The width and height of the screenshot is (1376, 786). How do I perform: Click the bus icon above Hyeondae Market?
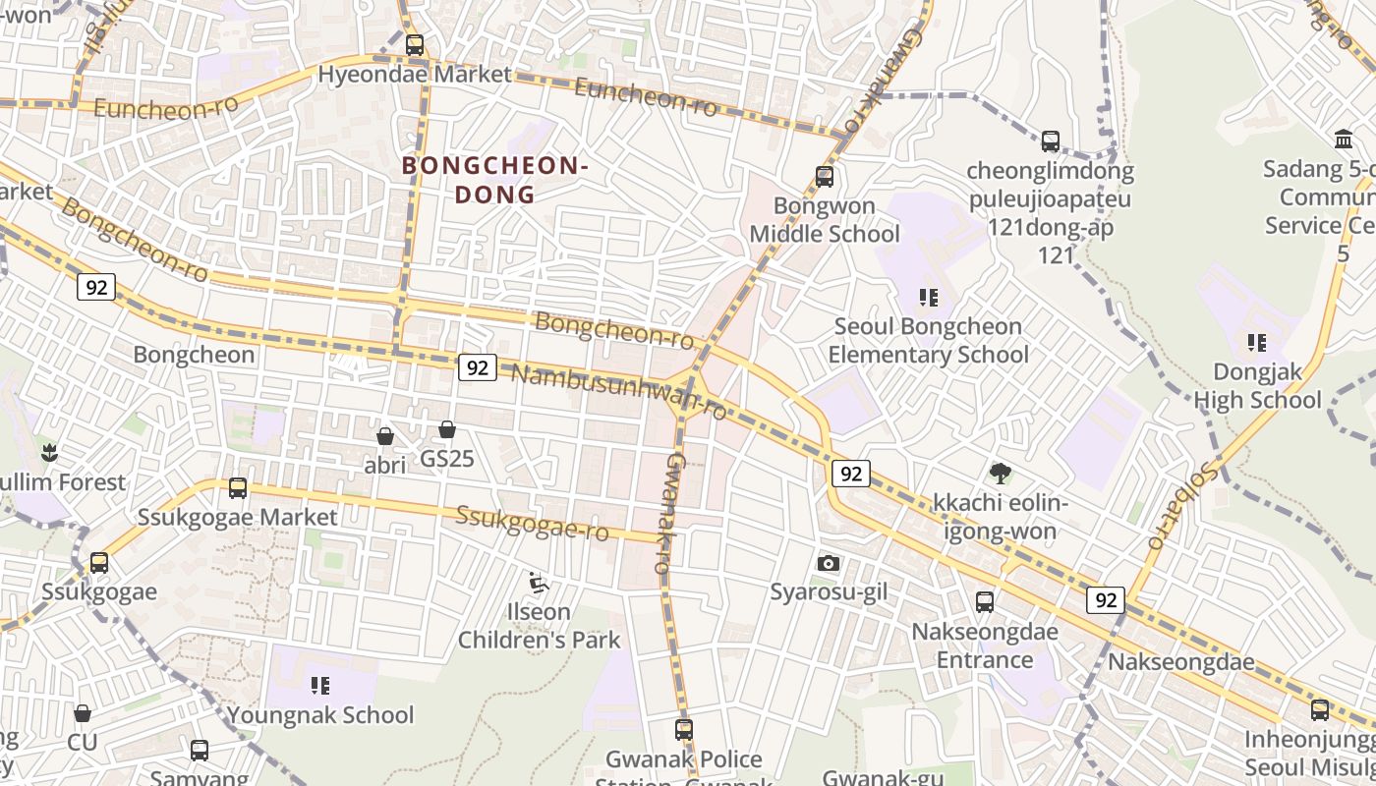(x=415, y=44)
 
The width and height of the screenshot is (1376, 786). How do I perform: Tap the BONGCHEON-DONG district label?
(x=495, y=180)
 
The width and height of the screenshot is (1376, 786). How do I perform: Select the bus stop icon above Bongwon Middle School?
(x=825, y=177)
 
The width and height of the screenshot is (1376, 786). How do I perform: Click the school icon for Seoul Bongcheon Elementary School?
(x=928, y=297)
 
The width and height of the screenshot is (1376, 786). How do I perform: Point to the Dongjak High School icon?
(x=1256, y=343)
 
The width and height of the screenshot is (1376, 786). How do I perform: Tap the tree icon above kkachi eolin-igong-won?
(x=1001, y=474)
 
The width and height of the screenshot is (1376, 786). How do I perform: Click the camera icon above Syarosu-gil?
(x=829, y=563)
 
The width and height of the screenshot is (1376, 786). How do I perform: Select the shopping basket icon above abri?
(x=385, y=435)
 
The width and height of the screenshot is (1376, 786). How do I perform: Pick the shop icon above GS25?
(x=447, y=429)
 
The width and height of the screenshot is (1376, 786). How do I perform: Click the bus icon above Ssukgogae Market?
(x=237, y=488)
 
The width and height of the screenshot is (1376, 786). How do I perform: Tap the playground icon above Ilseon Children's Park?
(x=538, y=583)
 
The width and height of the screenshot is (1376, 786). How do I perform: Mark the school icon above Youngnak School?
(x=320, y=685)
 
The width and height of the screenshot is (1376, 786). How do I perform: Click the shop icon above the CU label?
(x=83, y=712)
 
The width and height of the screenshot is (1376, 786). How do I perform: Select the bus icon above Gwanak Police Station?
(x=684, y=730)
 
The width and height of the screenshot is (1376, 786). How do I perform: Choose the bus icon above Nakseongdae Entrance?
(x=985, y=602)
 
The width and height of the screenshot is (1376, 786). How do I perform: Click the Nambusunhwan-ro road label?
(x=619, y=390)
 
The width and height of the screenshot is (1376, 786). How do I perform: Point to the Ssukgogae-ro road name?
(x=532, y=523)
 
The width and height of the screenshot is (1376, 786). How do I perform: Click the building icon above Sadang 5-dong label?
(x=1344, y=140)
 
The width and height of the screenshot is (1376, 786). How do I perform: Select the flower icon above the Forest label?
(x=48, y=453)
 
